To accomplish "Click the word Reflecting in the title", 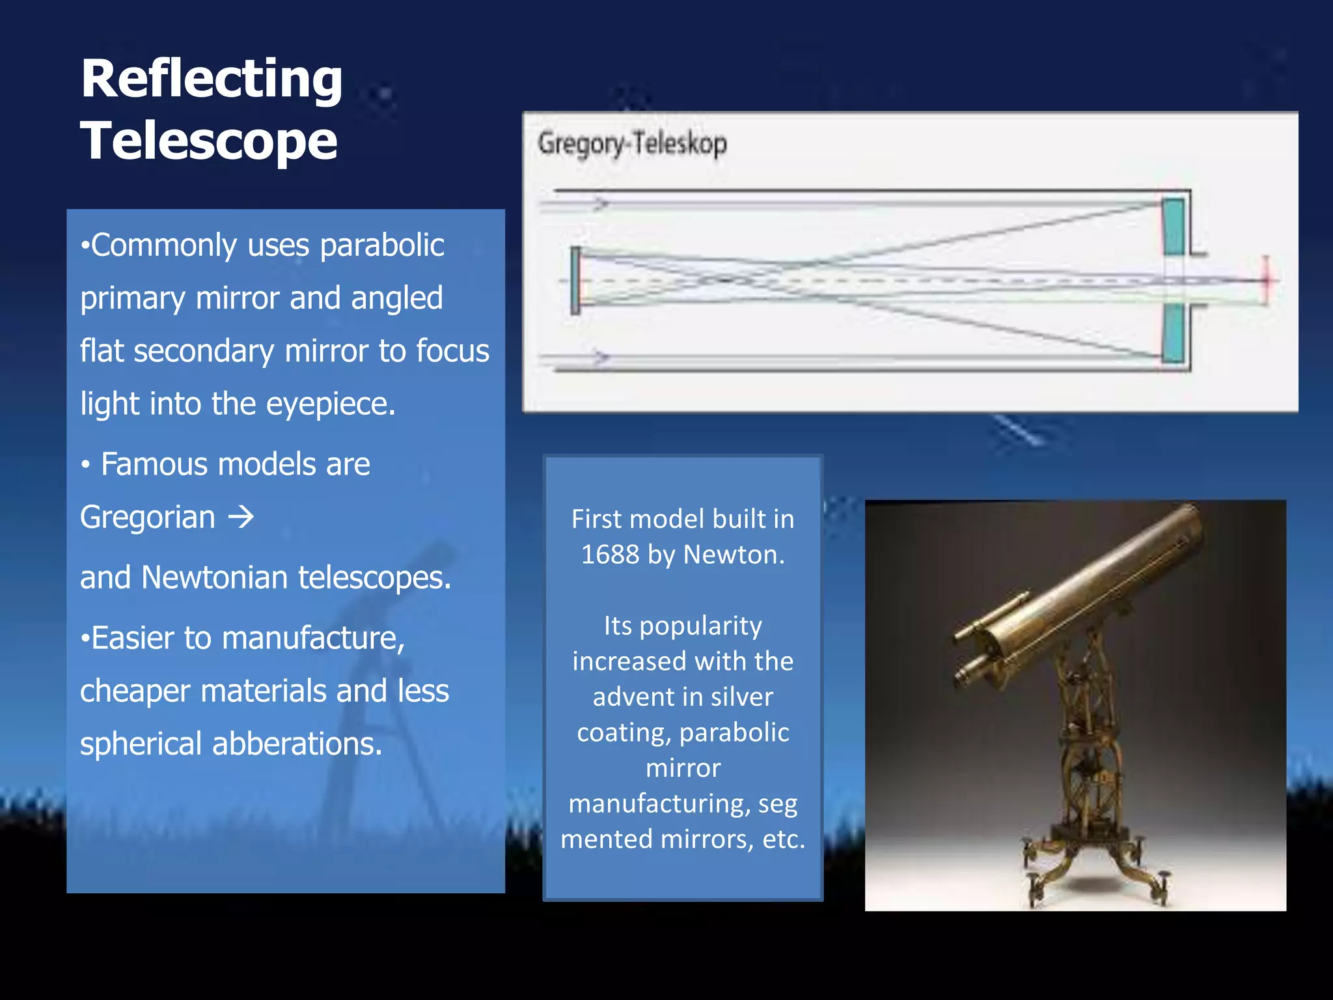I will point(212,79).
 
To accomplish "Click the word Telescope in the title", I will point(209,141).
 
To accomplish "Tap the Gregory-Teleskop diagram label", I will point(632,144).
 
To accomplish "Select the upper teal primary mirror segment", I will point(1173,227).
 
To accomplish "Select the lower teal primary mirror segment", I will point(1173,333).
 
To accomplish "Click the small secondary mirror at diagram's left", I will point(575,281).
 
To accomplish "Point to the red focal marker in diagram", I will point(1266,280).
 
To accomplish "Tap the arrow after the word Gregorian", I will point(241,518).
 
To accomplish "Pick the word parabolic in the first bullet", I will point(382,246).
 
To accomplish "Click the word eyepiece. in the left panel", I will point(331,404).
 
